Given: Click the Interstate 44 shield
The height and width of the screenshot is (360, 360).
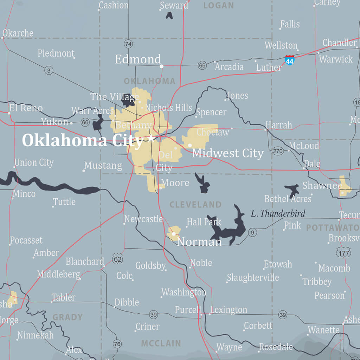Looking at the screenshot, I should pos(289,60).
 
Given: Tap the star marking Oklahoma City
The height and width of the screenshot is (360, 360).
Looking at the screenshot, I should pos(151,138).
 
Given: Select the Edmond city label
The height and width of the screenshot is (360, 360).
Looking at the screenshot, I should pos(138,59).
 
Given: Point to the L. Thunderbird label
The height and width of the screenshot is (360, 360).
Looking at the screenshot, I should pos(278,213).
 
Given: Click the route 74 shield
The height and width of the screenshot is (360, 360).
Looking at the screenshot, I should pos(128,44).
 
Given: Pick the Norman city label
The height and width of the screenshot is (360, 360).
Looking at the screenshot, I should pos(199,242).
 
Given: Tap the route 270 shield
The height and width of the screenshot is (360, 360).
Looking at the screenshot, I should pos(278,151).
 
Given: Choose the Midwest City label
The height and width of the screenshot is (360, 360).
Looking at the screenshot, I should pos(228,153).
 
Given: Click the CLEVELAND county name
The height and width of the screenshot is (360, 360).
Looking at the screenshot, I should pos(195,205).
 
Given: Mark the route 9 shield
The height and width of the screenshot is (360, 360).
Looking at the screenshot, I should pos(252,232).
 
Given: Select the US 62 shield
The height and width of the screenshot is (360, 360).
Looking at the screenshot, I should pos(117,259).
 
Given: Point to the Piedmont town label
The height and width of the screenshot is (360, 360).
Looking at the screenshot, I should pos(56,53).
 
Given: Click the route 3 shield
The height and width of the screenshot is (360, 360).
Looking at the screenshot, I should pos(49,70).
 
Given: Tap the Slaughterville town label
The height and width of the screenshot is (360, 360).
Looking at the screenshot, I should pos(253,278).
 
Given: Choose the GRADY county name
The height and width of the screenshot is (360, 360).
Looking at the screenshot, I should pos(67,317).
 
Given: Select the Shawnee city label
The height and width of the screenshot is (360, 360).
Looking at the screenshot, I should pos(322,186).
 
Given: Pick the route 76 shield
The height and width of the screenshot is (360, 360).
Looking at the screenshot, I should pos(117,344).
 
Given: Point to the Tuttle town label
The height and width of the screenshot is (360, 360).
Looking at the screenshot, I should pos(64,202).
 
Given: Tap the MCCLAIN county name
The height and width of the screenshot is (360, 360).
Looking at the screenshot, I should pos(161,343).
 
